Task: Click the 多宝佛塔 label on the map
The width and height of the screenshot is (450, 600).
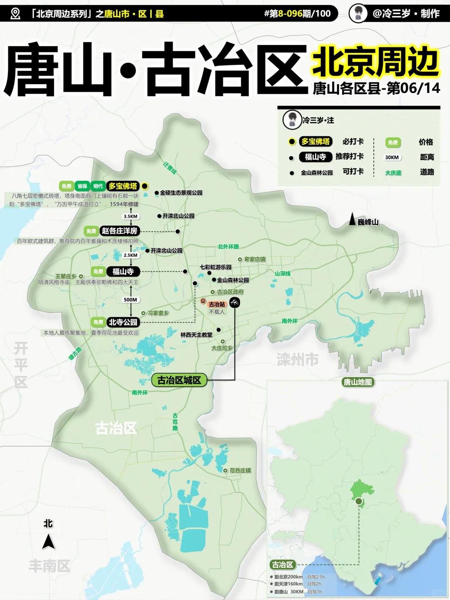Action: point(122,186)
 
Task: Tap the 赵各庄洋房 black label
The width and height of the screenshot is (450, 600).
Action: point(120,231)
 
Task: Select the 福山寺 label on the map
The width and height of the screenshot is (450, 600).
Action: point(123,272)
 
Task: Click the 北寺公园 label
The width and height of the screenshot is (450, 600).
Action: point(123,322)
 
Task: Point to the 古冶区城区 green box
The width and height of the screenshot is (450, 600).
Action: point(179,380)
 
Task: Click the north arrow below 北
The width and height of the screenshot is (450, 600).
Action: point(49,542)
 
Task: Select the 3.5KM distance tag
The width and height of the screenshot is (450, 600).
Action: point(130,216)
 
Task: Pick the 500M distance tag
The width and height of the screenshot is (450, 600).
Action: point(130,300)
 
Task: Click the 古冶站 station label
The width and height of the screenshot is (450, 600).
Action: point(217,304)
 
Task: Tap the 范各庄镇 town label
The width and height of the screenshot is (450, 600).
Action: point(240,470)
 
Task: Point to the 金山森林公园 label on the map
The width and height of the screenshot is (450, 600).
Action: point(232,280)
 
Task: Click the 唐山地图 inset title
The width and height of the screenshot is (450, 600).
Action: point(357,382)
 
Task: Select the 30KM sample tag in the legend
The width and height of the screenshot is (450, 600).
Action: point(392,157)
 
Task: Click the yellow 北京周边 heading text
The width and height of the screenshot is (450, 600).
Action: point(375,62)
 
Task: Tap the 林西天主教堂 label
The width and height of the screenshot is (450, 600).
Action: point(196,335)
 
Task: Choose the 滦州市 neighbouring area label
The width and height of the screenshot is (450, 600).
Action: point(297,359)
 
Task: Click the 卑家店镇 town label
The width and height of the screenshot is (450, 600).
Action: point(255,259)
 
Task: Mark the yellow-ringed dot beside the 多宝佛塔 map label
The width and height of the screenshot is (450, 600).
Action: point(145,186)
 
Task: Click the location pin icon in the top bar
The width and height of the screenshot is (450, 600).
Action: point(15,14)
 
